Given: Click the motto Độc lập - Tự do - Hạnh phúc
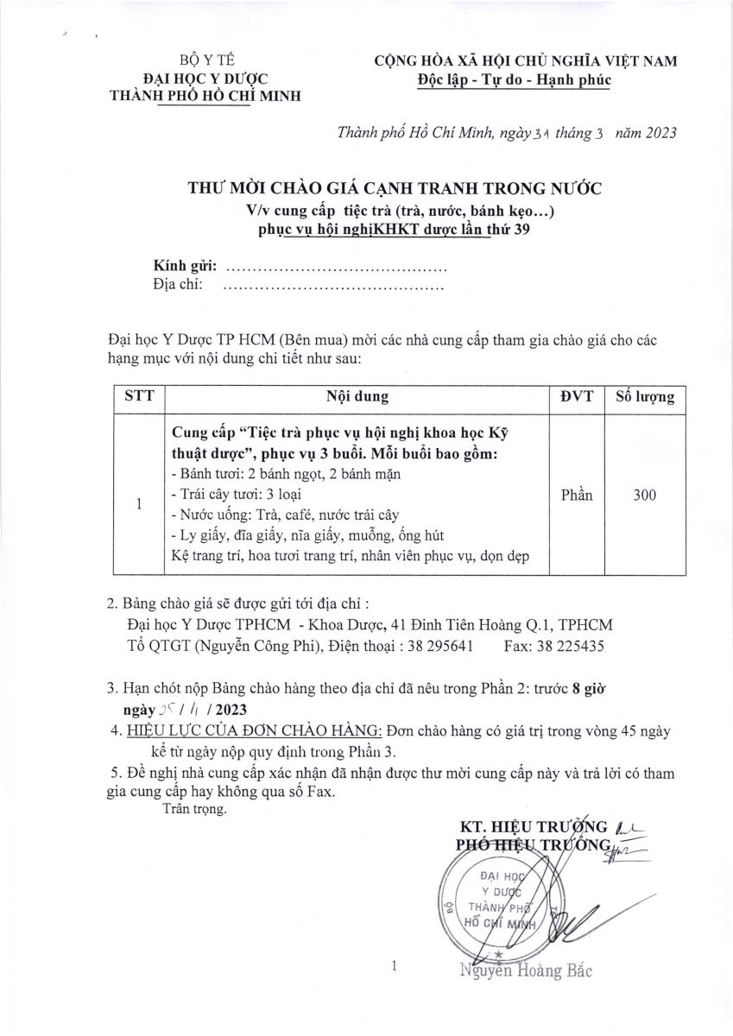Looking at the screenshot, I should [513, 79].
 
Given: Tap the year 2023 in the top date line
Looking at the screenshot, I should [659, 132].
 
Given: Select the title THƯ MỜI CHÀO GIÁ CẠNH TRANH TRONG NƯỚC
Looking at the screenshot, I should [394, 188].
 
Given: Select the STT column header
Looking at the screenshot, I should [139, 397].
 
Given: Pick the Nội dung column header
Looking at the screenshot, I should [357, 397].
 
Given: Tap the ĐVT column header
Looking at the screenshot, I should [576, 397].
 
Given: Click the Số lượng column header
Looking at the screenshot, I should [644, 397].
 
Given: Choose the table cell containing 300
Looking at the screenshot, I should [644, 495].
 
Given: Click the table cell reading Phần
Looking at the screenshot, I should [576, 495].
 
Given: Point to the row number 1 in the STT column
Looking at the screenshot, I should [139, 504].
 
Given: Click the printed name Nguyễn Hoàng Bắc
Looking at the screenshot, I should [526, 971].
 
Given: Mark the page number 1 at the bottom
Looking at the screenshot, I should [394, 967].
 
